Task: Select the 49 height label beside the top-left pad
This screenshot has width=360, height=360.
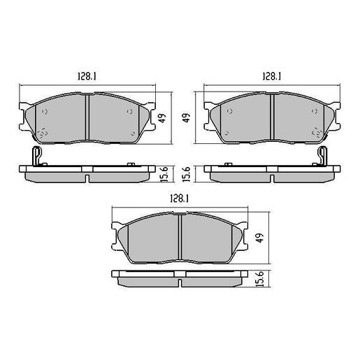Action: tap(163, 119)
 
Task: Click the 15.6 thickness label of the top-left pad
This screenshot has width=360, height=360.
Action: tap(163, 173)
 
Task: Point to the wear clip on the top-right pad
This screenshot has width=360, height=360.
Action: tap(322, 158)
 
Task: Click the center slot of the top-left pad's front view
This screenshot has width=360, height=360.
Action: tap(87, 117)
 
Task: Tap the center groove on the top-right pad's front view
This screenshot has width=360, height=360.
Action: tap(272, 117)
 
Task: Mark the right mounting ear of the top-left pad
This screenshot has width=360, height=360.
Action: tap(150, 109)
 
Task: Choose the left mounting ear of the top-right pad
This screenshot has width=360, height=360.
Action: tap(208, 109)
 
